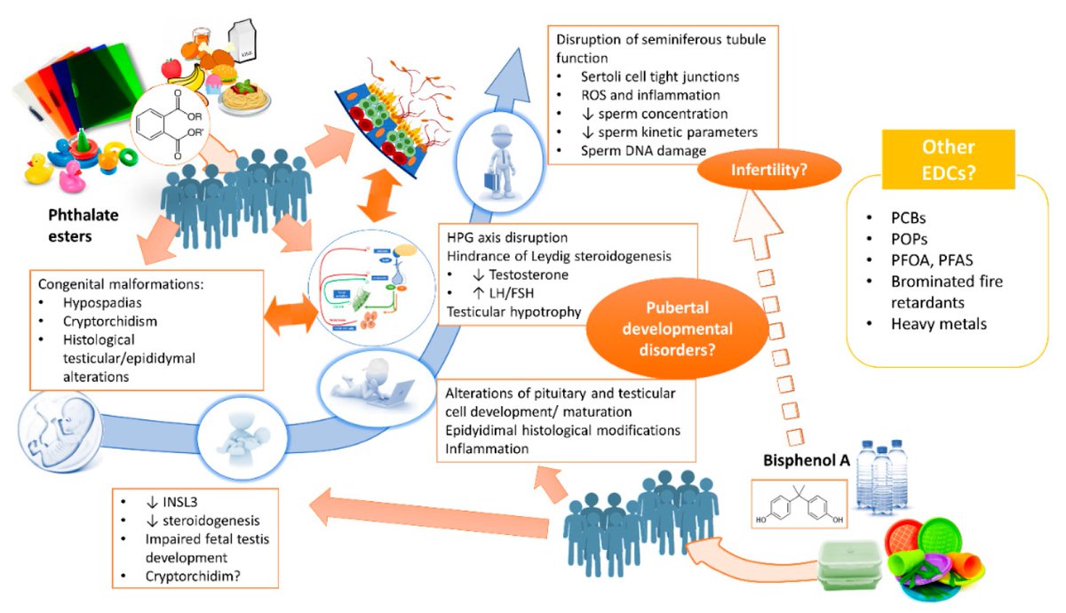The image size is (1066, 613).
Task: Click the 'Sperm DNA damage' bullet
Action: pyautogui.click(x=630, y=151)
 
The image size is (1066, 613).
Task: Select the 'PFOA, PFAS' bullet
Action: pyautogui.click(x=931, y=259)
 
